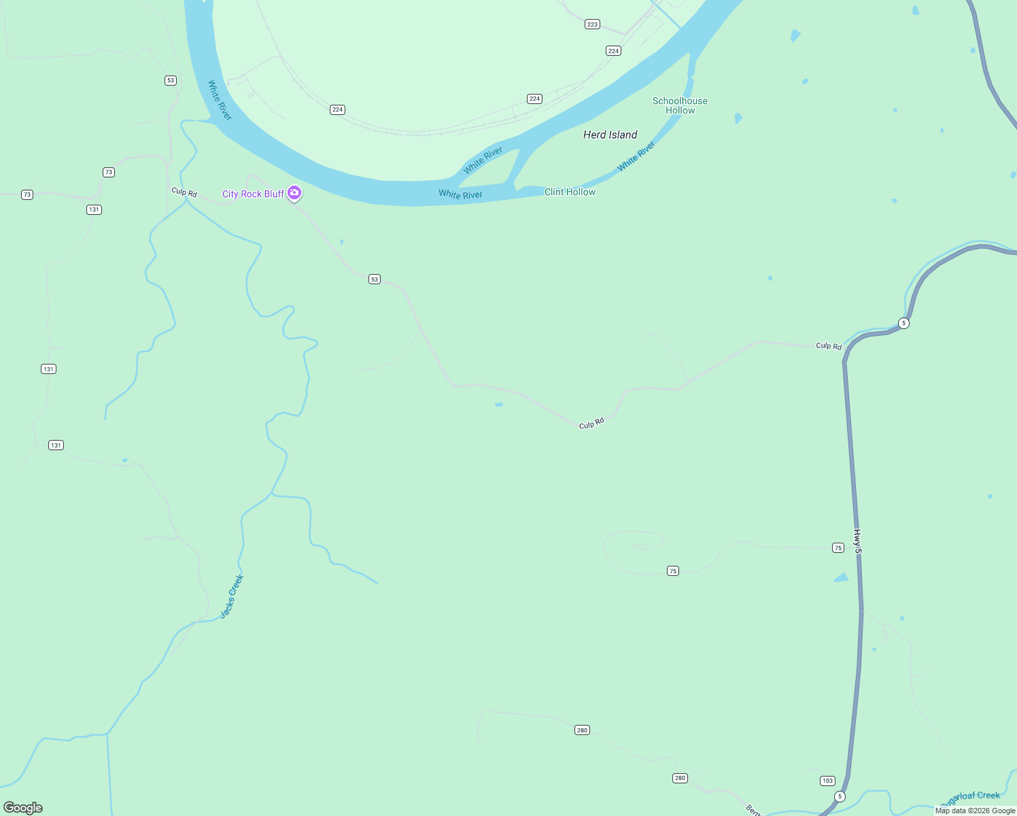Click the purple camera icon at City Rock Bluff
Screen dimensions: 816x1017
pos(294,193)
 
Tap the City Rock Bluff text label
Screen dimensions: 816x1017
pos(253,194)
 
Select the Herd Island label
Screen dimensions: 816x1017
pos(610,135)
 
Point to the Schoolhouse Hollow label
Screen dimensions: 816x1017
pos(680,105)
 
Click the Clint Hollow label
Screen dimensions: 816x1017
pos(570,192)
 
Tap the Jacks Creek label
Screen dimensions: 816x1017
pos(232,596)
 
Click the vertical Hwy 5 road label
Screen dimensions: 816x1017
pos(857,541)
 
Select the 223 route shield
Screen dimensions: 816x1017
pos(592,24)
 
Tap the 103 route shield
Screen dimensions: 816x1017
pos(827,781)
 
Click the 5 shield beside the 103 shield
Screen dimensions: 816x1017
pos(840,796)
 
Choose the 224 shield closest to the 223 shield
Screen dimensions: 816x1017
pos(613,51)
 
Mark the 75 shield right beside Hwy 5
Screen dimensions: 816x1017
pos(838,548)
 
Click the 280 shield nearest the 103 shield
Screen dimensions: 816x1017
pos(680,778)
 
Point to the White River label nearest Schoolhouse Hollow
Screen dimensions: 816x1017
pos(636,156)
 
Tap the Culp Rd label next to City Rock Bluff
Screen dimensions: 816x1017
pos(184,192)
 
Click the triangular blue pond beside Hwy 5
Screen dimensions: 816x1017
pos(841,578)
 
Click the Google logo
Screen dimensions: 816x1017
pos(23,808)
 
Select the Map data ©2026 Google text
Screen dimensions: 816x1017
pos(975,811)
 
